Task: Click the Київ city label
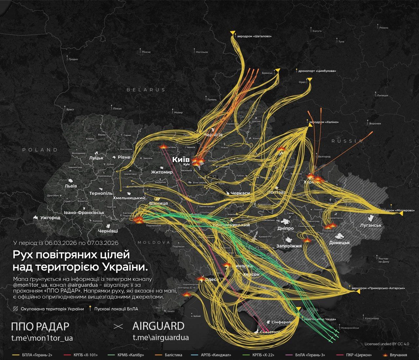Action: (x=181, y=160)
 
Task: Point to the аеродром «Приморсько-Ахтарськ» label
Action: (x=378, y=288)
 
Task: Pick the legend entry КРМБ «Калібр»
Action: (x=131, y=355)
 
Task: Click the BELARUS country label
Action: (x=146, y=90)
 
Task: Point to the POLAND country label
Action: (x=40, y=150)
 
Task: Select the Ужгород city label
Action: (x=50, y=217)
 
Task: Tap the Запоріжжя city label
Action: (x=289, y=246)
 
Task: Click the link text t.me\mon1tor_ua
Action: (x=42, y=338)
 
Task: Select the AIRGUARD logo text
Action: (x=158, y=326)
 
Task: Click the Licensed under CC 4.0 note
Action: (x=387, y=344)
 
